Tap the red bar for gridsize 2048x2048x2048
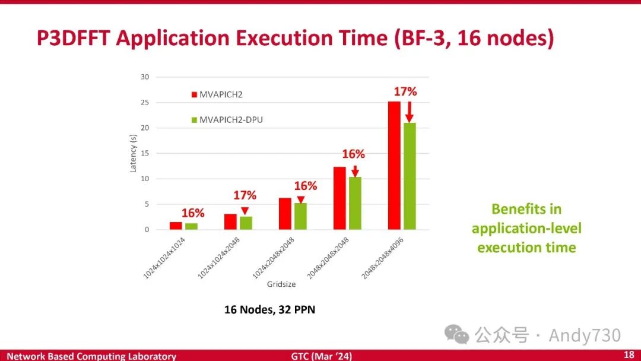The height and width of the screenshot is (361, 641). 339,198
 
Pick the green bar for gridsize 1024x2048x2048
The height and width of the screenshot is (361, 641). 300,216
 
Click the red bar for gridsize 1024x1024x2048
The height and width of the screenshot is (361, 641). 230,221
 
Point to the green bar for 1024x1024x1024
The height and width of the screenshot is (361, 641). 191,226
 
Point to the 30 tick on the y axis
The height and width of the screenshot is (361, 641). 145,77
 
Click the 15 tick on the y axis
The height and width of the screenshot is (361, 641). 145,153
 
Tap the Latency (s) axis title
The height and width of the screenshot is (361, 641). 133,153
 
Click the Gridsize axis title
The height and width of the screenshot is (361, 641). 281,284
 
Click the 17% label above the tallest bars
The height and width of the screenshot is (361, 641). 405,91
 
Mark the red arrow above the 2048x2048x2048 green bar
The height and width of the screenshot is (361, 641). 355,170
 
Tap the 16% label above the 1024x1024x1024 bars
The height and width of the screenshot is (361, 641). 193,213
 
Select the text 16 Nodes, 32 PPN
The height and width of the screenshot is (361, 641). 269,310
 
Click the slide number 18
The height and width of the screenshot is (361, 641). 629,354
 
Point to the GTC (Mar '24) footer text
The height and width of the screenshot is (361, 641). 321,356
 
